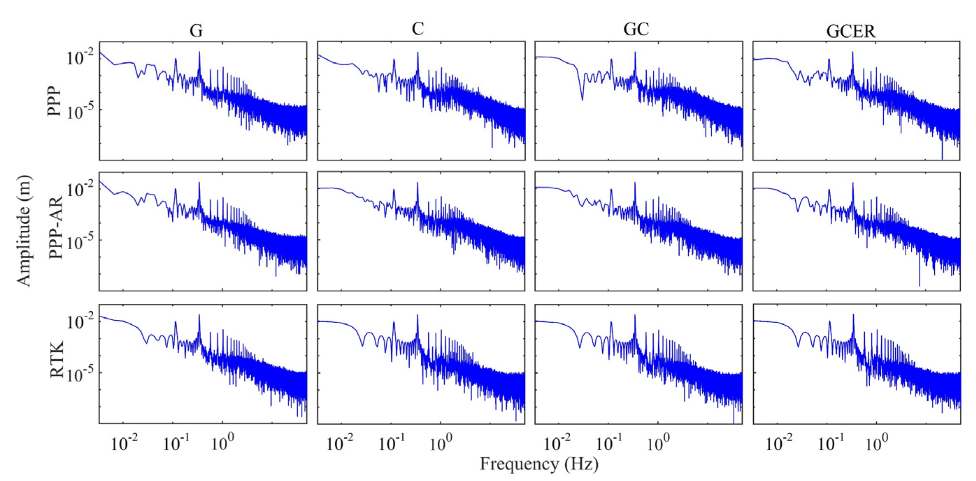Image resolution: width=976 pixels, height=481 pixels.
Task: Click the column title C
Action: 417,29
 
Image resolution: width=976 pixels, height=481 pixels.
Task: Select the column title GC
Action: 636,29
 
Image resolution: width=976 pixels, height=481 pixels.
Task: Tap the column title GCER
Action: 851,31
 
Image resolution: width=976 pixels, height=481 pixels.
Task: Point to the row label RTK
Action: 57,359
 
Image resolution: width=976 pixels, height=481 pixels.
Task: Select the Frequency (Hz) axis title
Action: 539,464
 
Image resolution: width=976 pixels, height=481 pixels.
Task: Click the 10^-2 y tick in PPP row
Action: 81,58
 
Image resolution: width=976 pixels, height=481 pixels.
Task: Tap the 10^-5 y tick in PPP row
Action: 81,111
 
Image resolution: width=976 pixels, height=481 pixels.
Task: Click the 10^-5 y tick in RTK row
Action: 81,374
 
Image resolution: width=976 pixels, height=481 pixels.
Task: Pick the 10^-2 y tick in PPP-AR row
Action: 81,189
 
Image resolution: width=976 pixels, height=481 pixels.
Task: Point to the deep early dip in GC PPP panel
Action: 582,99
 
